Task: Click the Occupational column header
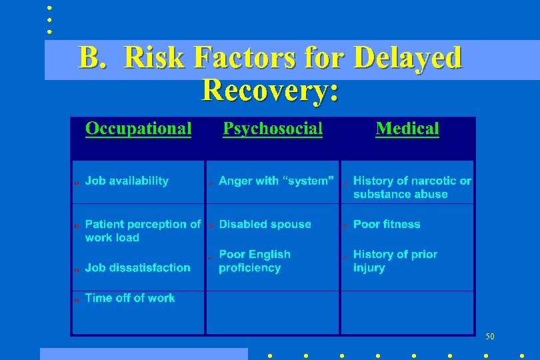click(138, 129)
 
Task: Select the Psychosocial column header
click(272, 129)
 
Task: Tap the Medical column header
click(407, 129)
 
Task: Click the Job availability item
click(127, 181)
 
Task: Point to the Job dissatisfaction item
click(137, 267)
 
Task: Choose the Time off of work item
click(130, 298)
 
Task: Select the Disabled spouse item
click(265, 224)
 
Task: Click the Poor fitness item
click(387, 224)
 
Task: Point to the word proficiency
click(249, 268)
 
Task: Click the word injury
click(369, 268)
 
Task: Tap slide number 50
click(491, 336)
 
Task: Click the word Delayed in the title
click(407, 58)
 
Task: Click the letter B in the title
click(89, 58)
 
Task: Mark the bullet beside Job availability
click(77, 182)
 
